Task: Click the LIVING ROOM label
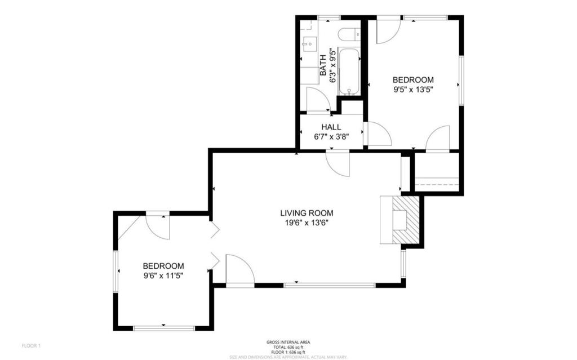[x=307, y=213]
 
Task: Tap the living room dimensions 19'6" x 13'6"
[x=307, y=223]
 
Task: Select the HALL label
[x=331, y=127]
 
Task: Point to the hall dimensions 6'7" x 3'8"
[x=331, y=136]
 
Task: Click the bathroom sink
[x=308, y=42]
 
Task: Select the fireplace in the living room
[x=401, y=220]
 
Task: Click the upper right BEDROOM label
[x=413, y=80]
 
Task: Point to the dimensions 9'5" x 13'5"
[x=413, y=89]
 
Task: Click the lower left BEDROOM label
[x=163, y=266]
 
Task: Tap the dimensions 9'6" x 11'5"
[x=163, y=275]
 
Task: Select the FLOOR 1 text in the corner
[x=32, y=345]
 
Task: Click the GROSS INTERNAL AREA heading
[x=288, y=342]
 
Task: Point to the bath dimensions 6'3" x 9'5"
[x=333, y=65]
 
